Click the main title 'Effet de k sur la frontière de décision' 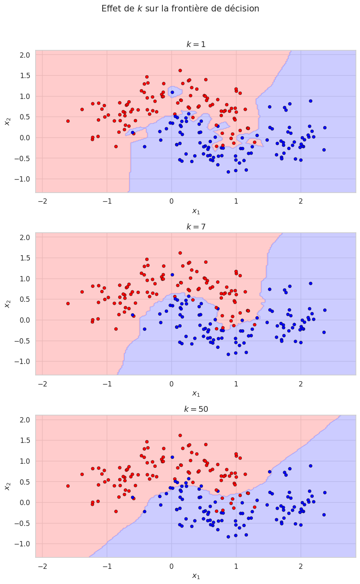[x=180, y=9]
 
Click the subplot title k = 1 [x=196, y=44]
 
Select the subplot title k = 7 [x=196, y=227]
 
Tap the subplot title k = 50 [x=196, y=409]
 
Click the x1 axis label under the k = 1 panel [x=196, y=211]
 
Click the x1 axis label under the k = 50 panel [x=196, y=576]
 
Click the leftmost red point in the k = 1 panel [x=68, y=121]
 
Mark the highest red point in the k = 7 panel [x=180, y=253]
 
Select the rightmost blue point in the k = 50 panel [x=325, y=492]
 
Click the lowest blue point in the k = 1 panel [x=228, y=172]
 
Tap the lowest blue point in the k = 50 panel [x=228, y=537]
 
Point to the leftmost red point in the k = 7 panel [x=68, y=303]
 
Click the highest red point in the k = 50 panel [x=180, y=436]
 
